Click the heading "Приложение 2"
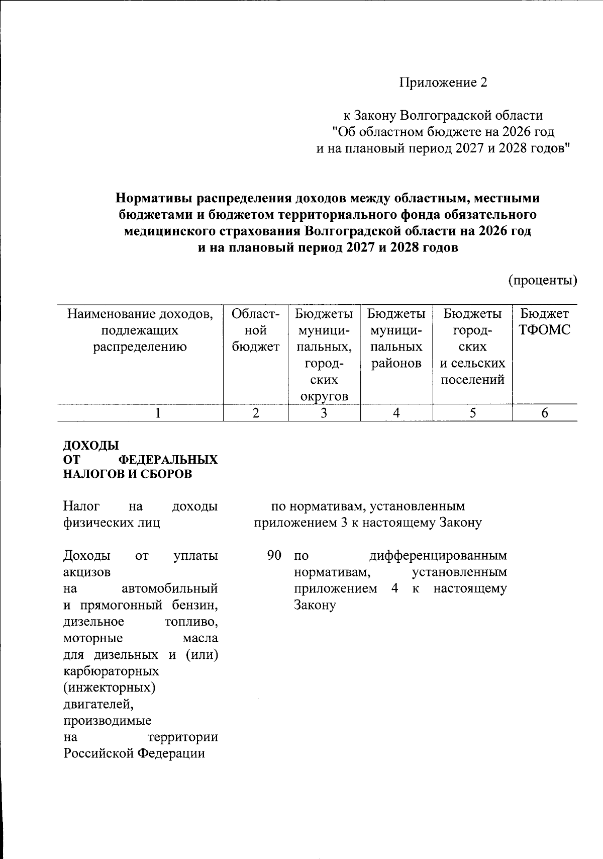443,82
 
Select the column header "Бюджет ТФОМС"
545,322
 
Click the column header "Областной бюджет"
256,330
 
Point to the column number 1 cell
158,413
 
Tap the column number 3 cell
324,413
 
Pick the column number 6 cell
545,413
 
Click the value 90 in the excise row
274,556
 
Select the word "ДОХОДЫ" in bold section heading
91,446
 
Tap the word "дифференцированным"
438,556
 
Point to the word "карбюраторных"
111,671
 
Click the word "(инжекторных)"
109,687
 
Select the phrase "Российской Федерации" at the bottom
134,753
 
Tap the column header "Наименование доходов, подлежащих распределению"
140,330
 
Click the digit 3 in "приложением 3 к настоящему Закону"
344,523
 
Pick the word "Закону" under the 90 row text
315,605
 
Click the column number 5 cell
472,413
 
